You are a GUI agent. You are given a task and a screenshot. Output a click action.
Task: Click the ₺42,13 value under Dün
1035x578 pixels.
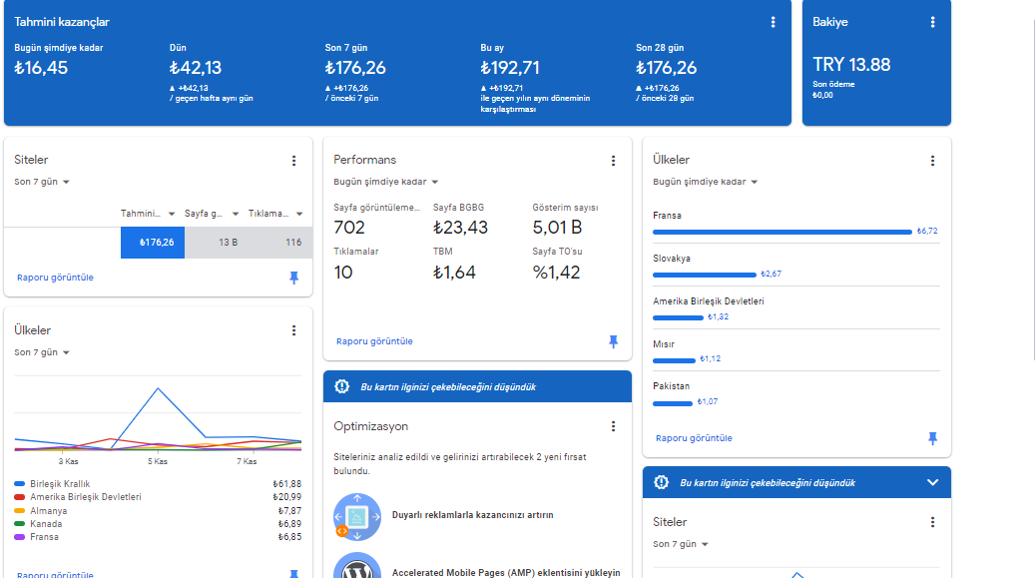click(196, 67)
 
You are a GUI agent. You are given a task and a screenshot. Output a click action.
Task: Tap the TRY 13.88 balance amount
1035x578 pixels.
click(850, 65)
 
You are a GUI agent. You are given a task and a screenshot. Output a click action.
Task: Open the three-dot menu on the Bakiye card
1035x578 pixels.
click(932, 22)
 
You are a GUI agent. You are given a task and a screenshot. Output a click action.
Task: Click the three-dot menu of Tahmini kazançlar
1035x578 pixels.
click(773, 22)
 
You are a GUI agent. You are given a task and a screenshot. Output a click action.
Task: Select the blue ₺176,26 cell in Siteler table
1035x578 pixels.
click(153, 243)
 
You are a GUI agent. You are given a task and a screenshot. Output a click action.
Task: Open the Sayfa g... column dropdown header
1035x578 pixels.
click(212, 214)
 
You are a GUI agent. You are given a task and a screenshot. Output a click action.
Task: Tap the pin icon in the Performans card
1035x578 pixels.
click(613, 341)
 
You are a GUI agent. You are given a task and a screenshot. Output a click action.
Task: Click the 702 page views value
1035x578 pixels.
click(349, 228)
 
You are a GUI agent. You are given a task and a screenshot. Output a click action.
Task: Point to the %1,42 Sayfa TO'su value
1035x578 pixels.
click(557, 273)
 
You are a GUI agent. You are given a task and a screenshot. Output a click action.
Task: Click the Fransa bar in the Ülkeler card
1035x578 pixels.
click(782, 232)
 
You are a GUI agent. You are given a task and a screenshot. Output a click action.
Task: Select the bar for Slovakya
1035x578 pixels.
click(705, 275)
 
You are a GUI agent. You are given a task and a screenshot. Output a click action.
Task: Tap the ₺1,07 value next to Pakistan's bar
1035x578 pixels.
click(708, 401)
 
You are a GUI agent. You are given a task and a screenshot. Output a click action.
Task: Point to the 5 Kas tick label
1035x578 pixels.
click(157, 461)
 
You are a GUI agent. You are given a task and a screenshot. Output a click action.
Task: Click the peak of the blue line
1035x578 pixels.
click(158, 388)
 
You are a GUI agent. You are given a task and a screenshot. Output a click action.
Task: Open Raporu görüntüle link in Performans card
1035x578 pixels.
click(374, 341)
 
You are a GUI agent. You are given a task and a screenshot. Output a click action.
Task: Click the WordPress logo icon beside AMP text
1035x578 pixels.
click(357, 567)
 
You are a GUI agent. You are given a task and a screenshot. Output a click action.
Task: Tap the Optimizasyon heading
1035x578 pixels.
click(371, 426)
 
